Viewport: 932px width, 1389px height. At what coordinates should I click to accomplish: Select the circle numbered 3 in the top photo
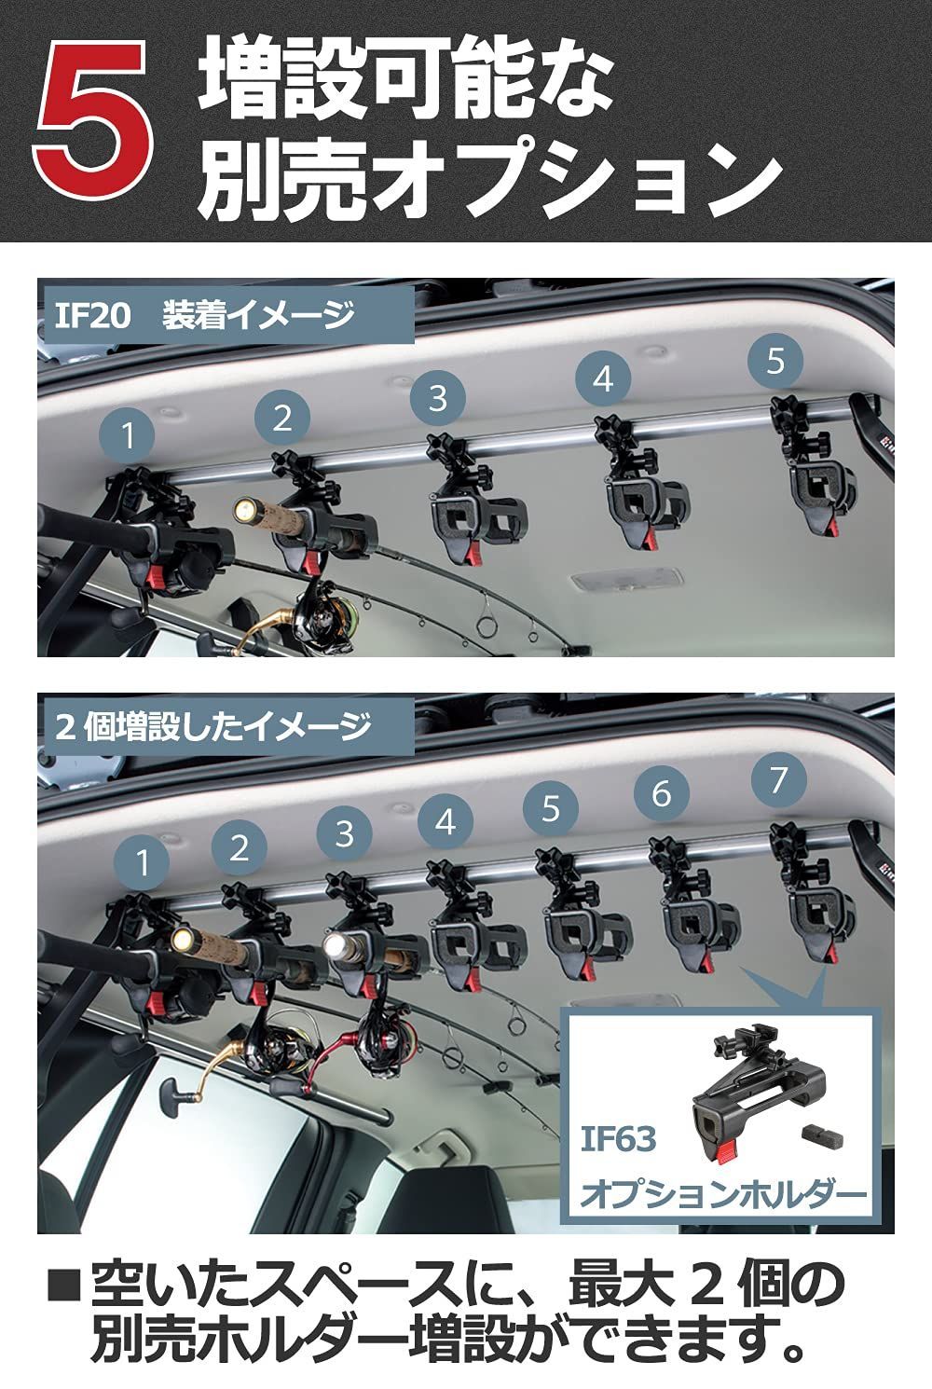click(439, 397)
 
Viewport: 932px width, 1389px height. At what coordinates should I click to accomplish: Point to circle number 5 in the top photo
click(775, 361)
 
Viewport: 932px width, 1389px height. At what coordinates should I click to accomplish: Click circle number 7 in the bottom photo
click(779, 778)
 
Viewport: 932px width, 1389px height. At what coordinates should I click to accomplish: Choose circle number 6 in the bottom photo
click(661, 793)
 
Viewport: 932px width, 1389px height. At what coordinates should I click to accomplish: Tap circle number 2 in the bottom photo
click(240, 847)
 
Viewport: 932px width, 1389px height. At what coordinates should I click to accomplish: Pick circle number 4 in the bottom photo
click(445, 822)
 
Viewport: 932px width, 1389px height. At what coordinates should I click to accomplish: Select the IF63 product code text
click(619, 1139)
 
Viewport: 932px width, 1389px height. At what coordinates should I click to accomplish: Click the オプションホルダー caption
click(723, 1194)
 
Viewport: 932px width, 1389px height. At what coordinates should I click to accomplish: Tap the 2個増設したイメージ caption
click(212, 726)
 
